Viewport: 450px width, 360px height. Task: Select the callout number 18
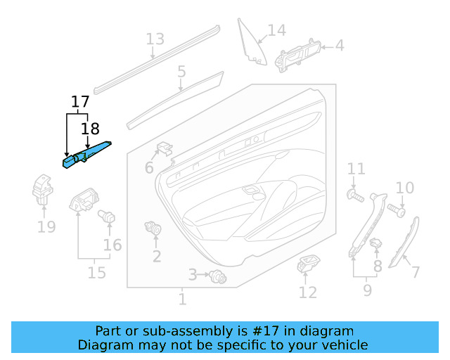pos(90,129)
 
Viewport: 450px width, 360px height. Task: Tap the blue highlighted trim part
pos(87,154)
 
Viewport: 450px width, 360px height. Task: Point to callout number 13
pos(155,39)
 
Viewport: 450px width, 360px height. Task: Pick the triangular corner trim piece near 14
pos(251,44)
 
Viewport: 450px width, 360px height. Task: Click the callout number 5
pos(181,72)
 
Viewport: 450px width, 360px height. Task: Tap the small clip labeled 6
pos(165,148)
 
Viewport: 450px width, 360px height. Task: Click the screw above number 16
pos(108,216)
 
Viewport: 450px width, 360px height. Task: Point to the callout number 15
pos(96,272)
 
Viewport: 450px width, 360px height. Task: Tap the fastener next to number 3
pos(218,278)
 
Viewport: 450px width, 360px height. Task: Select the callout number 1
pos(182,300)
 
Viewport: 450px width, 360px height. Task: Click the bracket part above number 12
pos(308,266)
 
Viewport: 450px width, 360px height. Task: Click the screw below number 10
pos(399,210)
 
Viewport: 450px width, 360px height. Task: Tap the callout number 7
pos(416,272)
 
